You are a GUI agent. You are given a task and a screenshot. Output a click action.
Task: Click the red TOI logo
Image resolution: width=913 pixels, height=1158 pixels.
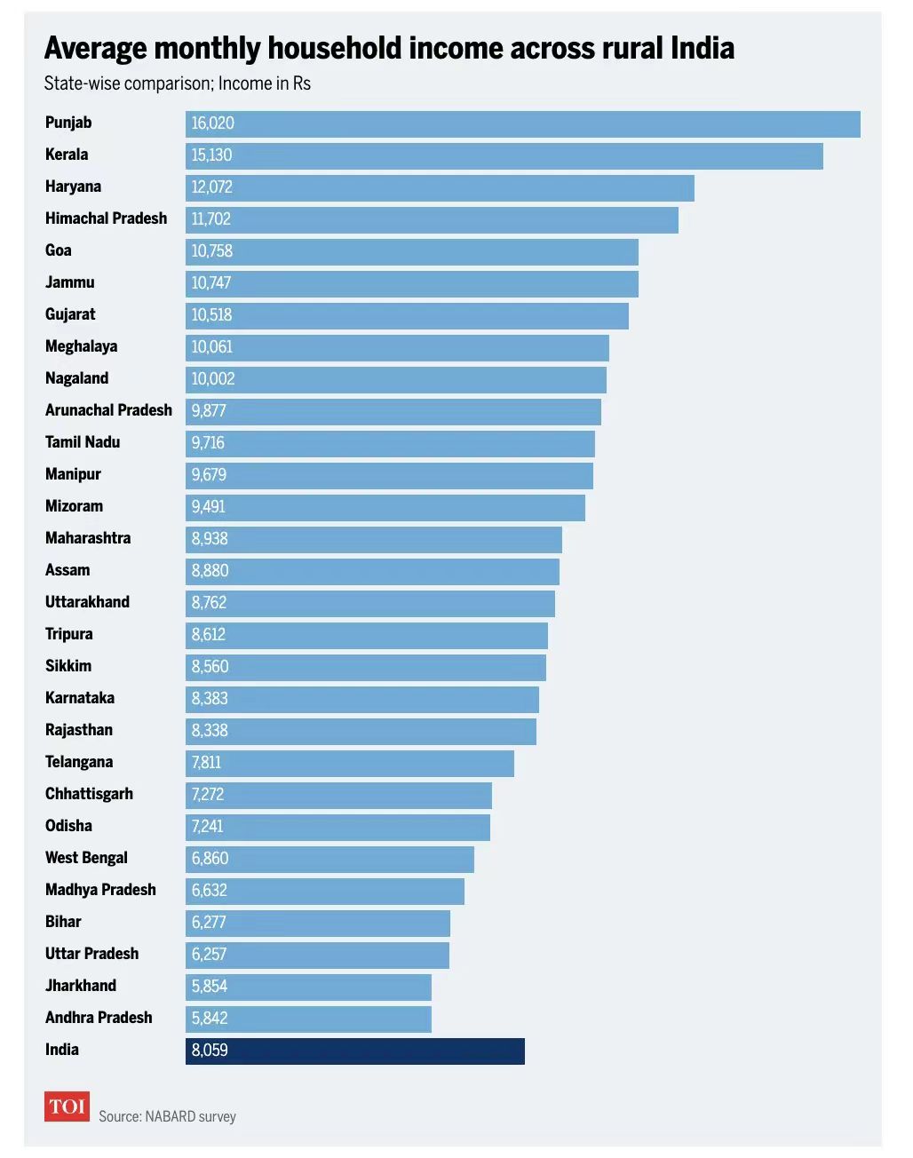(x=67, y=1106)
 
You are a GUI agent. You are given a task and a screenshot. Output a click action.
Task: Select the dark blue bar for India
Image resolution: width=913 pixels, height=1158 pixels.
(x=355, y=1051)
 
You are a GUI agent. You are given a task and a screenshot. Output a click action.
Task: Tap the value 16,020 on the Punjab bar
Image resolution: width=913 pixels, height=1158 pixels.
(x=213, y=123)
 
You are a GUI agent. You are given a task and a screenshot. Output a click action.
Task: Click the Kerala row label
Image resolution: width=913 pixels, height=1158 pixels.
(x=67, y=155)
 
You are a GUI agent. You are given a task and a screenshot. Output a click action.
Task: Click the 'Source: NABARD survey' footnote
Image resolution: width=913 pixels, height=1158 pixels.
(x=167, y=1116)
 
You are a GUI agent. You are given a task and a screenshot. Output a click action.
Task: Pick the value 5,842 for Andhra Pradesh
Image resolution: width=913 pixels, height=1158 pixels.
(x=210, y=1019)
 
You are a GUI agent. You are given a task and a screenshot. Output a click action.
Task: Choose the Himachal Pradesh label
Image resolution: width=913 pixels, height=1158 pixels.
(x=106, y=218)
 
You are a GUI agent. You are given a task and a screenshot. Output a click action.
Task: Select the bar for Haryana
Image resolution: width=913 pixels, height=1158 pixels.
(x=440, y=187)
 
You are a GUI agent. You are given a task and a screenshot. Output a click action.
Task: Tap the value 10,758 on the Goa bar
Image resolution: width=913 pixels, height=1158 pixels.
(x=212, y=251)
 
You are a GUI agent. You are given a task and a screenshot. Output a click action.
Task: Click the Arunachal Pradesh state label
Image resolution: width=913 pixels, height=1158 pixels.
(x=108, y=410)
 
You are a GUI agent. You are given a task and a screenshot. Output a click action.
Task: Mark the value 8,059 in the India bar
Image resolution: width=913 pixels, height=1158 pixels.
(x=210, y=1051)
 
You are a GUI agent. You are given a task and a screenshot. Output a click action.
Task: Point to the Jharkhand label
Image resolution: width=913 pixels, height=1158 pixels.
(x=81, y=986)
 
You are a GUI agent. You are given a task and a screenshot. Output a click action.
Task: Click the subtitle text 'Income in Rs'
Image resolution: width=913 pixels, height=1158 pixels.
(x=265, y=83)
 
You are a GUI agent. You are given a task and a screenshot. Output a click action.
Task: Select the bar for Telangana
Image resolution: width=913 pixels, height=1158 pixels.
(x=350, y=763)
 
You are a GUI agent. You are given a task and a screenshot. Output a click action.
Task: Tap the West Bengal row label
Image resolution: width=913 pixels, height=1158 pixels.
(x=86, y=858)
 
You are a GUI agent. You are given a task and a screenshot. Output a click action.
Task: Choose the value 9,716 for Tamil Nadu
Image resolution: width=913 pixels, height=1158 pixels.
(x=209, y=443)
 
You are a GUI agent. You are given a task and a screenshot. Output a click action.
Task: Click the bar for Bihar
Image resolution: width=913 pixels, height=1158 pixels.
(x=318, y=923)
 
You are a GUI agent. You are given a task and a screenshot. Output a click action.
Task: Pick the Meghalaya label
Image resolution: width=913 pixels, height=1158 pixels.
(x=81, y=346)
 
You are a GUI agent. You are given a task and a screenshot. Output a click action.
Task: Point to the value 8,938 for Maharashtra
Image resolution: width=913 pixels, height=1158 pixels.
(x=210, y=539)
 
